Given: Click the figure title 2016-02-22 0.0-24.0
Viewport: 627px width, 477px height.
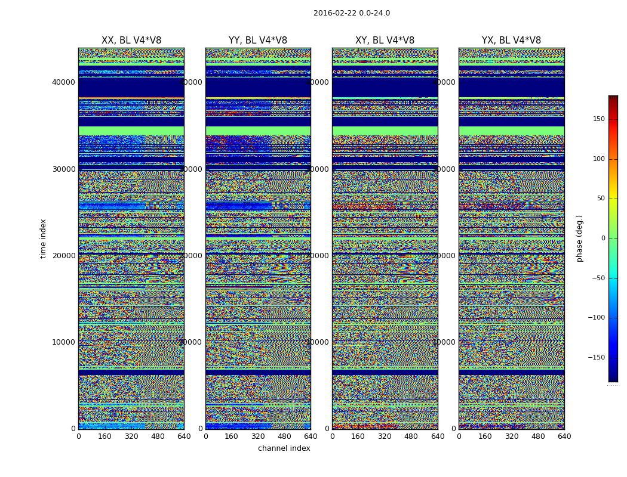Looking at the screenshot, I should tap(351, 13).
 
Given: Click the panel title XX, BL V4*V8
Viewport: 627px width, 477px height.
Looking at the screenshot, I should tap(131, 41).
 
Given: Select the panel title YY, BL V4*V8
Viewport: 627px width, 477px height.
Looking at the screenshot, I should tap(258, 41).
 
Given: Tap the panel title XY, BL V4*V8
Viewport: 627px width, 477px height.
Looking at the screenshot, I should tap(385, 41).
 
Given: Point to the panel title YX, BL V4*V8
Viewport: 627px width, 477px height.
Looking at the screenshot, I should tap(511, 41).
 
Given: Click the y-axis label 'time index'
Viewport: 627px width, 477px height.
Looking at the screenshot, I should tap(43, 238).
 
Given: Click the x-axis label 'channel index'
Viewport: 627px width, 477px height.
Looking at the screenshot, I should tap(284, 448).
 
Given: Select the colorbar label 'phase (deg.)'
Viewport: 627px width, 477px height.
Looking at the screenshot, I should tap(579, 238).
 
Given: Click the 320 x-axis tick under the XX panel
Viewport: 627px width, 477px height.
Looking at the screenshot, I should tap(131, 436).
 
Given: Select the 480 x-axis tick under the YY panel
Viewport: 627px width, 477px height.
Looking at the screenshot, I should tap(284, 436).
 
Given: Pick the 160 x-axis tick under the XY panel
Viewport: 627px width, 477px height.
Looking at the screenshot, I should tap(358, 436).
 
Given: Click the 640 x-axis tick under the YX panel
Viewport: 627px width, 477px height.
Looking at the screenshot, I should tap(564, 436).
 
